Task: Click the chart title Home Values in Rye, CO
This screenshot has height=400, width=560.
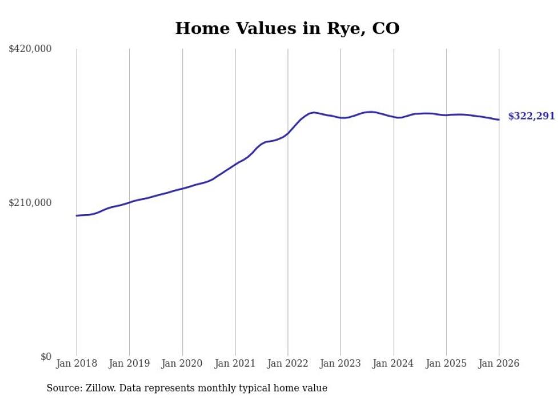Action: (x=287, y=28)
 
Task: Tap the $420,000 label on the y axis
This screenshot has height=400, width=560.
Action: (x=30, y=49)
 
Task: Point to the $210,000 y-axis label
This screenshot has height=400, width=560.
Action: (x=30, y=203)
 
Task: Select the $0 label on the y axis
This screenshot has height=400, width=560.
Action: (x=46, y=357)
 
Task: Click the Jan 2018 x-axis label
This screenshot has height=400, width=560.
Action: (x=77, y=363)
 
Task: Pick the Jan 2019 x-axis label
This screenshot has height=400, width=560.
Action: (x=129, y=363)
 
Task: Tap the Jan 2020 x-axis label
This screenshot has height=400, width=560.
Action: (x=182, y=363)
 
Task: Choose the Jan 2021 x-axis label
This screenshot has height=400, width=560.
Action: (x=235, y=363)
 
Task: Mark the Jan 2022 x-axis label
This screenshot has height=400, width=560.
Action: (x=288, y=363)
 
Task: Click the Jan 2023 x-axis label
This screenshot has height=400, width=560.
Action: (x=341, y=363)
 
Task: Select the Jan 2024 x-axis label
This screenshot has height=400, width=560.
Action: (x=393, y=363)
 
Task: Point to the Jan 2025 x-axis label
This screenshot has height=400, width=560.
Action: (x=446, y=363)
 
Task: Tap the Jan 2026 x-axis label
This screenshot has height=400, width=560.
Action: (x=499, y=363)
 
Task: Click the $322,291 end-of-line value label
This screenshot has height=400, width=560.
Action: (x=531, y=116)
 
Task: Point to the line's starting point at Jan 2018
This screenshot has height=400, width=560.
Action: (x=77, y=216)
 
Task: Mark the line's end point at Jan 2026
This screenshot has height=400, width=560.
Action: (x=499, y=120)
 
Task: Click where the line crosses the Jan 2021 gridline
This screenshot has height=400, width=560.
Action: (x=235, y=165)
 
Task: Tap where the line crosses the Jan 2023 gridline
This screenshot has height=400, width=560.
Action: (x=341, y=118)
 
